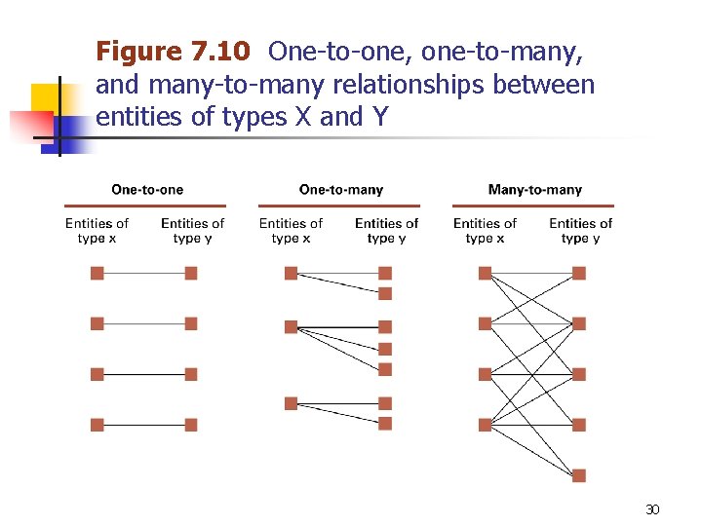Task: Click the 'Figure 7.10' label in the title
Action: pyautogui.click(x=173, y=52)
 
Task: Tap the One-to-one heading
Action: pyautogui.click(x=147, y=190)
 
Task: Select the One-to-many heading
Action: pyautogui.click(x=341, y=190)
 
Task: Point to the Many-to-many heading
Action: pyautogui.click(x=534, y=190)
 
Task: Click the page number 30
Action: pyautogui.click(x=652, y=509)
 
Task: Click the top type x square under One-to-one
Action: pyautogui.click(x=97, y=274)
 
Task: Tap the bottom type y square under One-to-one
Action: pyautogui.click(x=191, y=425)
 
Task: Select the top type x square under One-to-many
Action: pyautogui.click(x=291, y=274)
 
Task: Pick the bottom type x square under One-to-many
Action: pyautogui.click(x=291, y=403)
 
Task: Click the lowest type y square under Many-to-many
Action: pyautogui.click(x=579, y=475)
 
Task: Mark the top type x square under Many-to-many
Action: pyautogui.click(x=486, y=274)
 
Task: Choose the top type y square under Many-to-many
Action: pyautogui.click(x=579, y=274)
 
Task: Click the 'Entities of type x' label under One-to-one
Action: pyautogui.click(x=97, y=231)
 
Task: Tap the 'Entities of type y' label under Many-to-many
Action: pyautogui.click(x=580, y=231)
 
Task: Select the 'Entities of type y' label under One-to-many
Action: pyautogui.click(x=386, y=231)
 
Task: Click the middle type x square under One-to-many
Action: pyautogui.click(x=291, y=327)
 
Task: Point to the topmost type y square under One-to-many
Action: pyautogui.click(x=385, y=274)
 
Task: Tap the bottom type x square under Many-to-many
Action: pyautogui.click(x=486, y=425)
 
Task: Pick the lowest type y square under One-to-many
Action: pyautogui.click(x=385, y=424)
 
